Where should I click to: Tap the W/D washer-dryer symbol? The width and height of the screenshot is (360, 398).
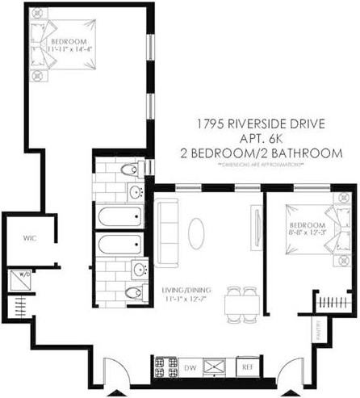[18, 279]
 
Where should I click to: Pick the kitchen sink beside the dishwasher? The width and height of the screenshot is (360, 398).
[216, 366]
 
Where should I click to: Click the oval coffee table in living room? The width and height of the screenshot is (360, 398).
[196, 233]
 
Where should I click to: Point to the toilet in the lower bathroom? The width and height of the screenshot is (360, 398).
[132, 292]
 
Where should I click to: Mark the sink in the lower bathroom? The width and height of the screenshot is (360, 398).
[138, 269]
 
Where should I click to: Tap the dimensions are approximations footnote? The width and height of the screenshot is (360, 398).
[260, 165]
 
